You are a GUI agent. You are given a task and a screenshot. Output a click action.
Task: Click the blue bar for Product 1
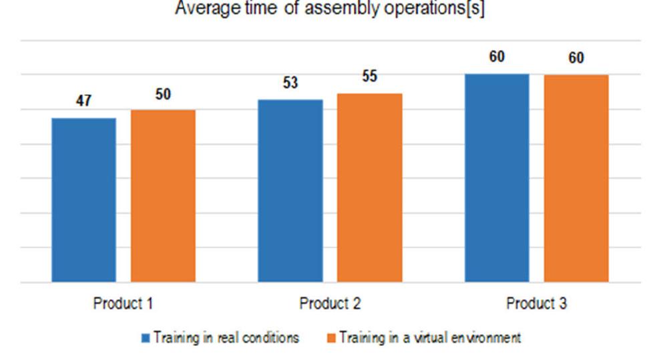83,200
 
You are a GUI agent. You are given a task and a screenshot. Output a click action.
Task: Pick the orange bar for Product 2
369,188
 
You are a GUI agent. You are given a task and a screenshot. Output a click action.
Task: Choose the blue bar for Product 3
497,178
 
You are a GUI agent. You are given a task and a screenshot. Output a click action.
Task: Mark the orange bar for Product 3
576,178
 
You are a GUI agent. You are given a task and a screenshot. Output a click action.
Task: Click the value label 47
83,102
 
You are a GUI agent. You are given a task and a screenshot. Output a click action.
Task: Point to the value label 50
163,94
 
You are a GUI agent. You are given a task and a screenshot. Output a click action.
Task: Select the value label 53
290,83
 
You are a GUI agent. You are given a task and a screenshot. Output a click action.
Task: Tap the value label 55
369,77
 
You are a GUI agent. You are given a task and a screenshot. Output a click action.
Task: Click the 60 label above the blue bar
497,57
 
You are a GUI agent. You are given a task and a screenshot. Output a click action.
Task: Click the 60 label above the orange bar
576,58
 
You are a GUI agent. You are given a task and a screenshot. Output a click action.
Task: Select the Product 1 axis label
123,304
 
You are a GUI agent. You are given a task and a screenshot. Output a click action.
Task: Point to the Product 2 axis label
330,304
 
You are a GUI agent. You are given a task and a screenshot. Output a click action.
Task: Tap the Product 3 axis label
536,304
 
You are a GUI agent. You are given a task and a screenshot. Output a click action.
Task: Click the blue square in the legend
146,338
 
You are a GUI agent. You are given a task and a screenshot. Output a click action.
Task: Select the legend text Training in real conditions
226,338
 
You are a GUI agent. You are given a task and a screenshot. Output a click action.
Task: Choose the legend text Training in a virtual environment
429,338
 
